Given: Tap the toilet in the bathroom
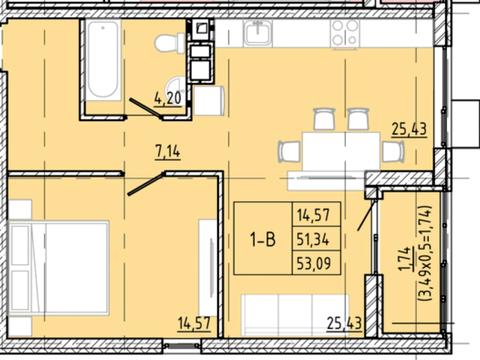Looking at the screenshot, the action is tap(169, 43).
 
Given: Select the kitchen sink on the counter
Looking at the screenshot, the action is tap(258, 33).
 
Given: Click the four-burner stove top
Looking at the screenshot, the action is tap(345, 33).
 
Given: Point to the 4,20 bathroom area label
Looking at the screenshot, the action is tap(168, 98).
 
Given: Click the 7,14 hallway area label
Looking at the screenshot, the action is tap(168, 152).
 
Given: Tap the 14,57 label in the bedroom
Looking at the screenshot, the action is tap(194, 323).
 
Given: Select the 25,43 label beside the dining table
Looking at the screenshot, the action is tap(409, 129).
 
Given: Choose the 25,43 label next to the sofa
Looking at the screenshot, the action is tap(344, 323).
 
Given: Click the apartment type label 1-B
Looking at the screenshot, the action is tap(263, 239).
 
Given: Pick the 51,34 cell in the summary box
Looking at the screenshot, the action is tap(313, 239).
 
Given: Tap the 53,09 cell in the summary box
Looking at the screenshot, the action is tap(314, 264).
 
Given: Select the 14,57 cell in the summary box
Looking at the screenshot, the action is tap(313, 215).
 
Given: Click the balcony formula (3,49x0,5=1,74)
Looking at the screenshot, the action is tap(426, 253).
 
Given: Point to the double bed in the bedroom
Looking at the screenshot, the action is tap(59, 268).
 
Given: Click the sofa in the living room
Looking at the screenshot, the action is tap(296, 315).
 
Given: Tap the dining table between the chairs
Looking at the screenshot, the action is tap(341, 151).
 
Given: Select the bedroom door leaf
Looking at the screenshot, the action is tap(145, 184).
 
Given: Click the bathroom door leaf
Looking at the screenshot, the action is tap(146, 108).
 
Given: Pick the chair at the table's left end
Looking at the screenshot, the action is tap(289, 152).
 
